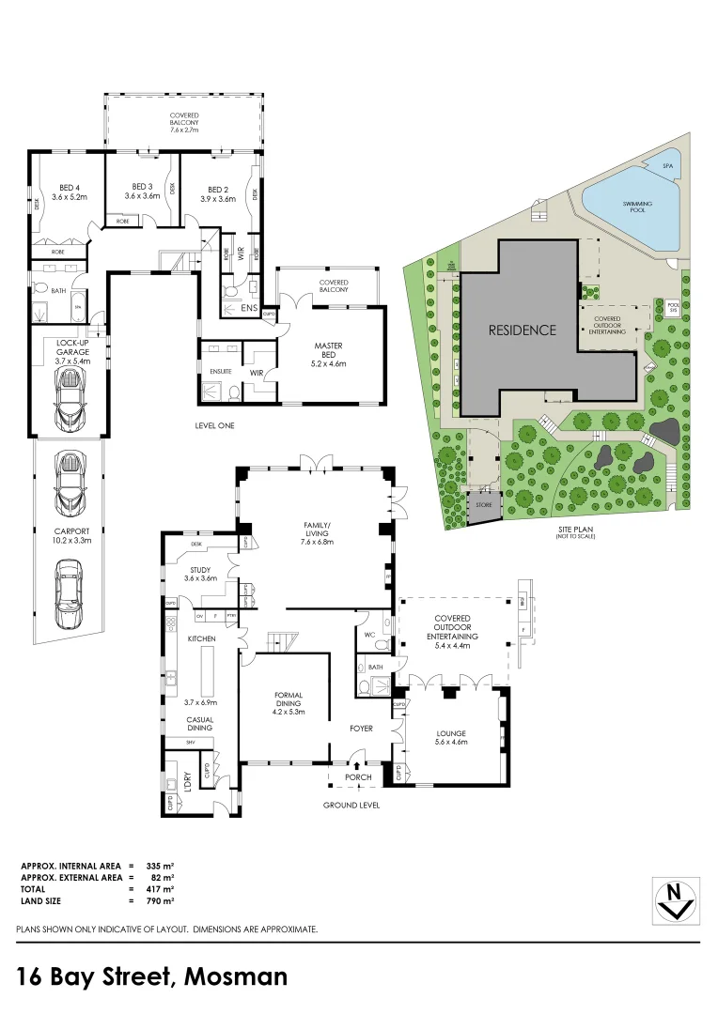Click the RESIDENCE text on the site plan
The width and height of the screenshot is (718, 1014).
(x=522, y=330)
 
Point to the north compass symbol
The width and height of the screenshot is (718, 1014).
(x=675, y=899)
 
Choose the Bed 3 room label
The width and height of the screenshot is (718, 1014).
(x=141, y=192)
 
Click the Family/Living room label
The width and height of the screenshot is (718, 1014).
(x=317, y=530)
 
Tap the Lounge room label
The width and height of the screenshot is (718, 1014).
(x=452, y=737)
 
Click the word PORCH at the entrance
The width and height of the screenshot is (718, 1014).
(x=359, y=776)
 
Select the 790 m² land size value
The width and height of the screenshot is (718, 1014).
(x=160, y=900)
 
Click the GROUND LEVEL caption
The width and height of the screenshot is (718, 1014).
(x=351, y=805)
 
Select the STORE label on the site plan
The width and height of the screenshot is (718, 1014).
(x=485, y=506)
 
